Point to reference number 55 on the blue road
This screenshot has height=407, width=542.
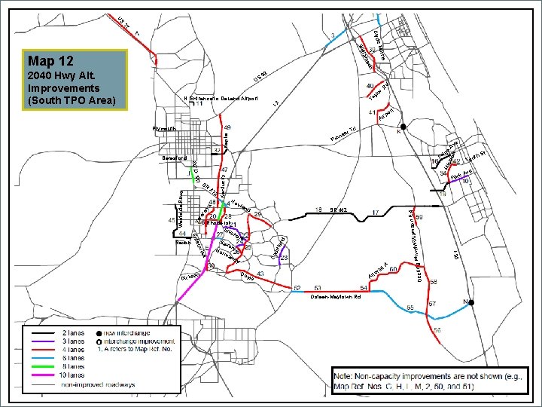(x=410, y=308)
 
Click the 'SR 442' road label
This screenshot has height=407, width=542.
(x=338, y=210)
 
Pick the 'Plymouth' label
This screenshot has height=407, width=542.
(x=163, y=129)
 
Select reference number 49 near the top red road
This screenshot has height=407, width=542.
(x=227, y=127)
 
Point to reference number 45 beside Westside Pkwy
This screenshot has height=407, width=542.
(x=172, y=220)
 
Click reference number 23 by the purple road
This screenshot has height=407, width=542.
(x=285, y=258)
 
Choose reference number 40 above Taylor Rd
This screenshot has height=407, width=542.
(x=370, y=87)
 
